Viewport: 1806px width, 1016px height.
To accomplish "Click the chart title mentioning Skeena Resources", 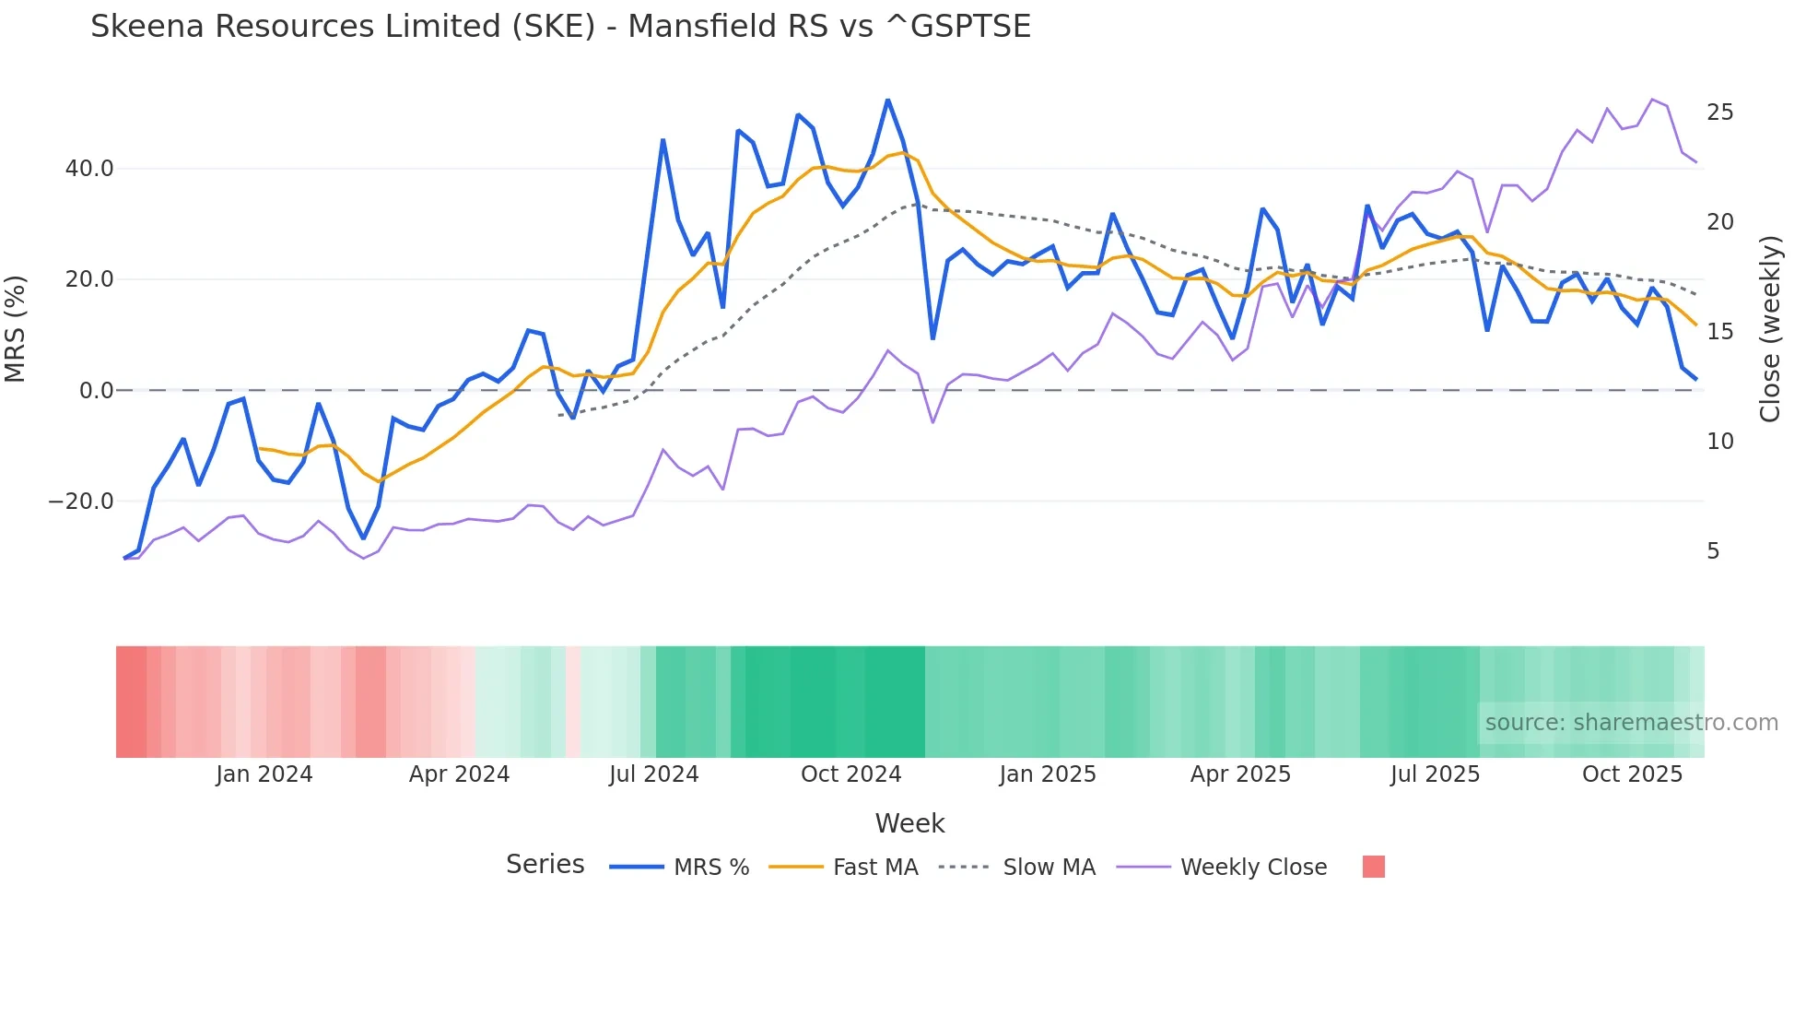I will (560, 27).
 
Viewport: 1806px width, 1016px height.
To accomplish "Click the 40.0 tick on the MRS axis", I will (89, 169).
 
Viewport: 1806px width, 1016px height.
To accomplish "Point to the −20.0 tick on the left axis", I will (81, 502).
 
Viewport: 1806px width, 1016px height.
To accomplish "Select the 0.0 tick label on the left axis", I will (97, 391).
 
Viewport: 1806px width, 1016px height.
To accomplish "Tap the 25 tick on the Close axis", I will (1719, 112).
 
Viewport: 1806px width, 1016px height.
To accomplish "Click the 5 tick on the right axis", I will (1713, 551).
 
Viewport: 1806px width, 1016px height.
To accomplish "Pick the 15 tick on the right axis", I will (1719, 332).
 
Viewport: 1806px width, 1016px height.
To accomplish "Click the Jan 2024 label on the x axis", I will (264, 774).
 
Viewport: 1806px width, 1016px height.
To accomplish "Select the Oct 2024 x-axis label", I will (850, 774).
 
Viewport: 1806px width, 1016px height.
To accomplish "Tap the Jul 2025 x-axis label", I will (1435, 774).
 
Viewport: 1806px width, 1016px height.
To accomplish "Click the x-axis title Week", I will (909, 823).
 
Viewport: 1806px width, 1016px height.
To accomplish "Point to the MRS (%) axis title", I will (16, 329).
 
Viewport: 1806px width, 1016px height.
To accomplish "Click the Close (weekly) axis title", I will (1769, 329).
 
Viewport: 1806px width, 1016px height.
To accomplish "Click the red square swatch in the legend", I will (1373, 867).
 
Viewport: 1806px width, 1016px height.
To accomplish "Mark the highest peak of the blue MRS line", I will (887, 100).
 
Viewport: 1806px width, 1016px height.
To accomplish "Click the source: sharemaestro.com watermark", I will (1631, 723).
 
